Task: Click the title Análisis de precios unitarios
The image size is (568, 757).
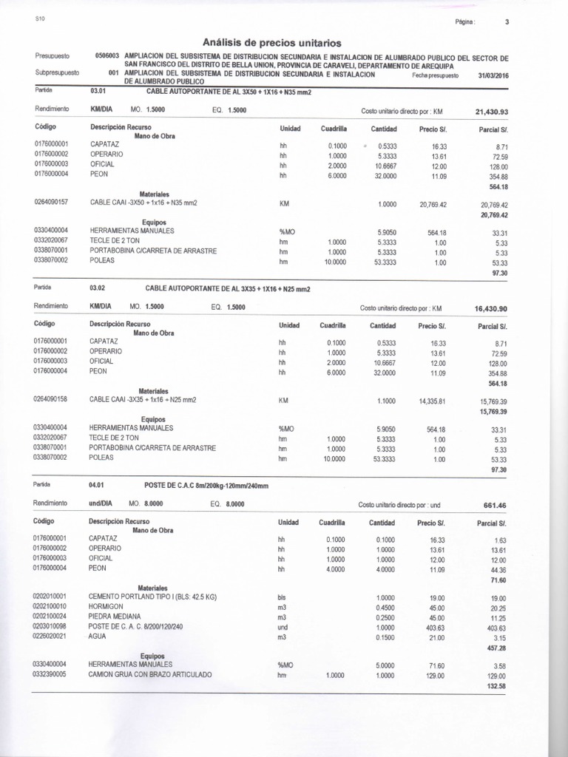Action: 271,43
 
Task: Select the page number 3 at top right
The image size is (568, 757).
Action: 507,22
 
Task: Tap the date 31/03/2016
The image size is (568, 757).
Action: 494,75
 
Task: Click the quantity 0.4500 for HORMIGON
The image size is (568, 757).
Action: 385,607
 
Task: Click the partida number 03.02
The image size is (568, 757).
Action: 98,288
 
